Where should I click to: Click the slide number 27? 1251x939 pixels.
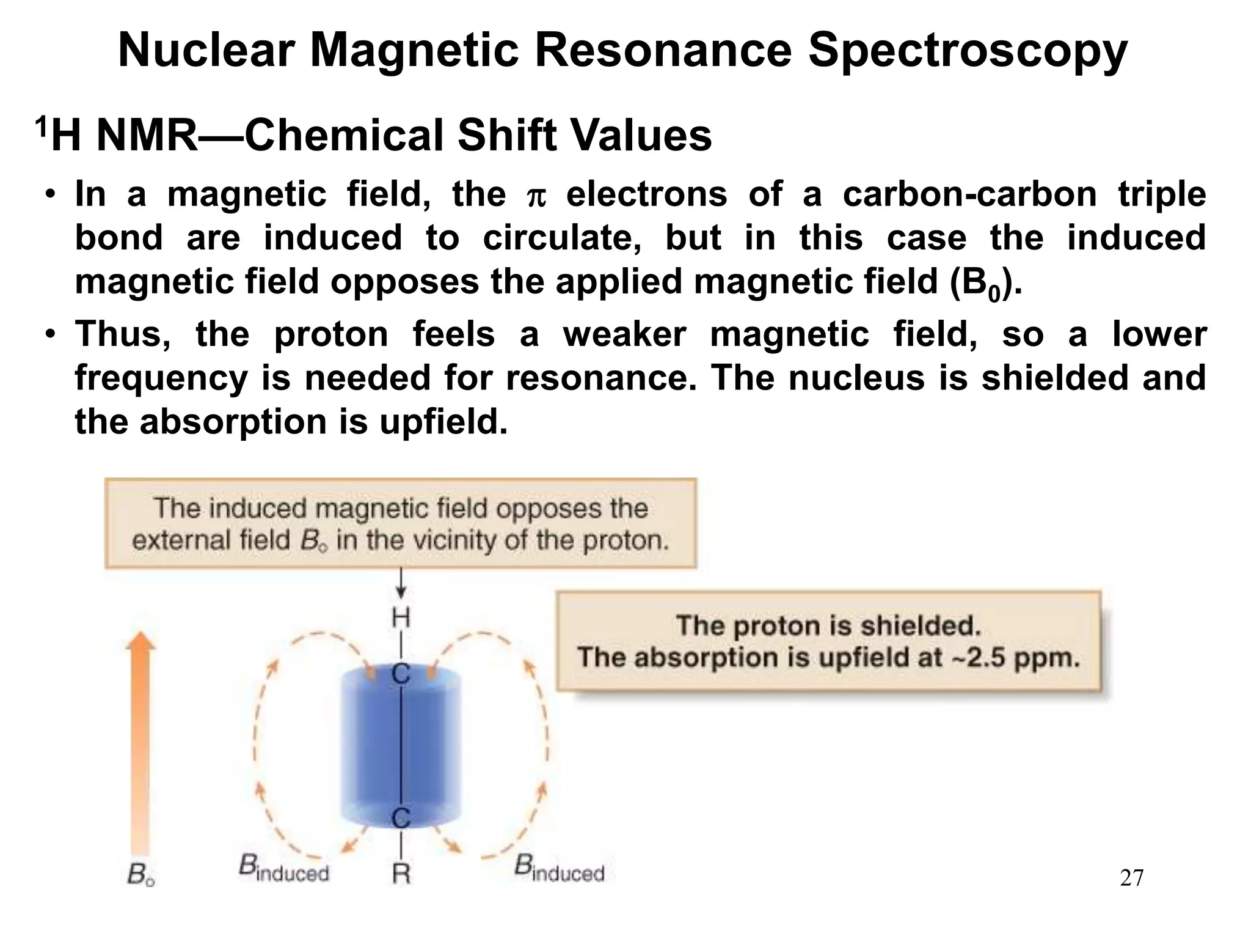[x=1132, y=878]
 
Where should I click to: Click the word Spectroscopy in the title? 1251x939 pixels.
[x=968, y=51]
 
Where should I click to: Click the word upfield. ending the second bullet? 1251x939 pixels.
[x=443, y=422]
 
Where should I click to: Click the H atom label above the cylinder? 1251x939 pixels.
[x=401, y=619]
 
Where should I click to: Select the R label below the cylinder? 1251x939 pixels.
[x=401, y=874]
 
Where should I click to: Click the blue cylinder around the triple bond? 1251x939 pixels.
[x=401, y=746]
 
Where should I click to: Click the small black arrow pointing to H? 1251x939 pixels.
[x=401, y=584]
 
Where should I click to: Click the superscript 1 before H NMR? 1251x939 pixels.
[x=41, y=127]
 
